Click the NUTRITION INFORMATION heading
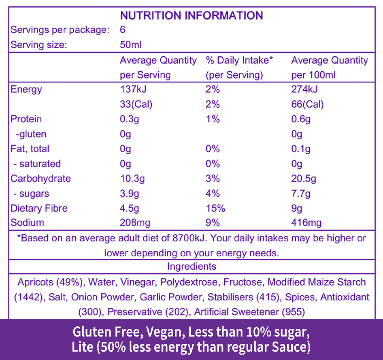191,16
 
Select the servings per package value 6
123,30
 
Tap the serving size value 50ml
131,45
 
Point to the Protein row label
26,119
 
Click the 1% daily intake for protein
213,119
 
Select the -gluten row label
30,134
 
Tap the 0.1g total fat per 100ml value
301,149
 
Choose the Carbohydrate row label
40,179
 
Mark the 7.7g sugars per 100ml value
301,194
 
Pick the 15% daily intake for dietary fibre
215,209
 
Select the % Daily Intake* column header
240,60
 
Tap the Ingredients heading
191,266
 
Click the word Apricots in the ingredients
36,282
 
